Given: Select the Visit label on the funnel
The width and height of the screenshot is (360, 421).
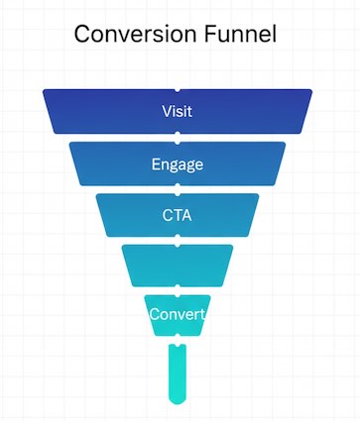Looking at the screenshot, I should pyautogui.click(x=177, y=111).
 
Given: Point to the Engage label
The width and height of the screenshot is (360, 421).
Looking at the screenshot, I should pyautogui.click(x=178, y=163).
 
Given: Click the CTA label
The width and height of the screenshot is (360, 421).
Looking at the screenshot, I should pyautogui.click(x=178, y=214).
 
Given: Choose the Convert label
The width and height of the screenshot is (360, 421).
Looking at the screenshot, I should pyautogui.click(x=177, y=315).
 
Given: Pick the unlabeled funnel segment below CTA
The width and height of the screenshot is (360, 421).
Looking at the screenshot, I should pyautogui.click(x=178, y=265).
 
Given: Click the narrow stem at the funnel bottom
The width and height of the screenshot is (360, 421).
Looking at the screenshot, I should pyautogui.click(x=178, y=371).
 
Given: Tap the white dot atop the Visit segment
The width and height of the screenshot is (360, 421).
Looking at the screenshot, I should pyautogui.click(x=178, y=89).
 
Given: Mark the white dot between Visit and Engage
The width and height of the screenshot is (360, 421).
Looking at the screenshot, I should pyautogui.click(x=178, y=138).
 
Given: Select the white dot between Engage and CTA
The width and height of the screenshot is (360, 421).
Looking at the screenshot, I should pyautogui.click(x=178, y=189).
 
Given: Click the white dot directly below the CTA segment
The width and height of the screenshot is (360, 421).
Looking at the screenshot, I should pyautogui.click(x=178, y=241).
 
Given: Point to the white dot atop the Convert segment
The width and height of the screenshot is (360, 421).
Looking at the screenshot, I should pyautogui.click(x=178, y=291).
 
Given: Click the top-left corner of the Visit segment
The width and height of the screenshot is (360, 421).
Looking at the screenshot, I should pyautogui.click(x=45, y=91).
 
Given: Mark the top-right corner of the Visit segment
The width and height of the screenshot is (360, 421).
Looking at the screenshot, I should pyautogui.click(x=310, y=91).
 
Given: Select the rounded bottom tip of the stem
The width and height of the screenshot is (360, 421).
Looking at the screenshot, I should pyautogui.click(x=178, y=400).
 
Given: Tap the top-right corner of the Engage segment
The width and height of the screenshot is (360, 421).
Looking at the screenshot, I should pyautogui.click(x=284, y=144).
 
